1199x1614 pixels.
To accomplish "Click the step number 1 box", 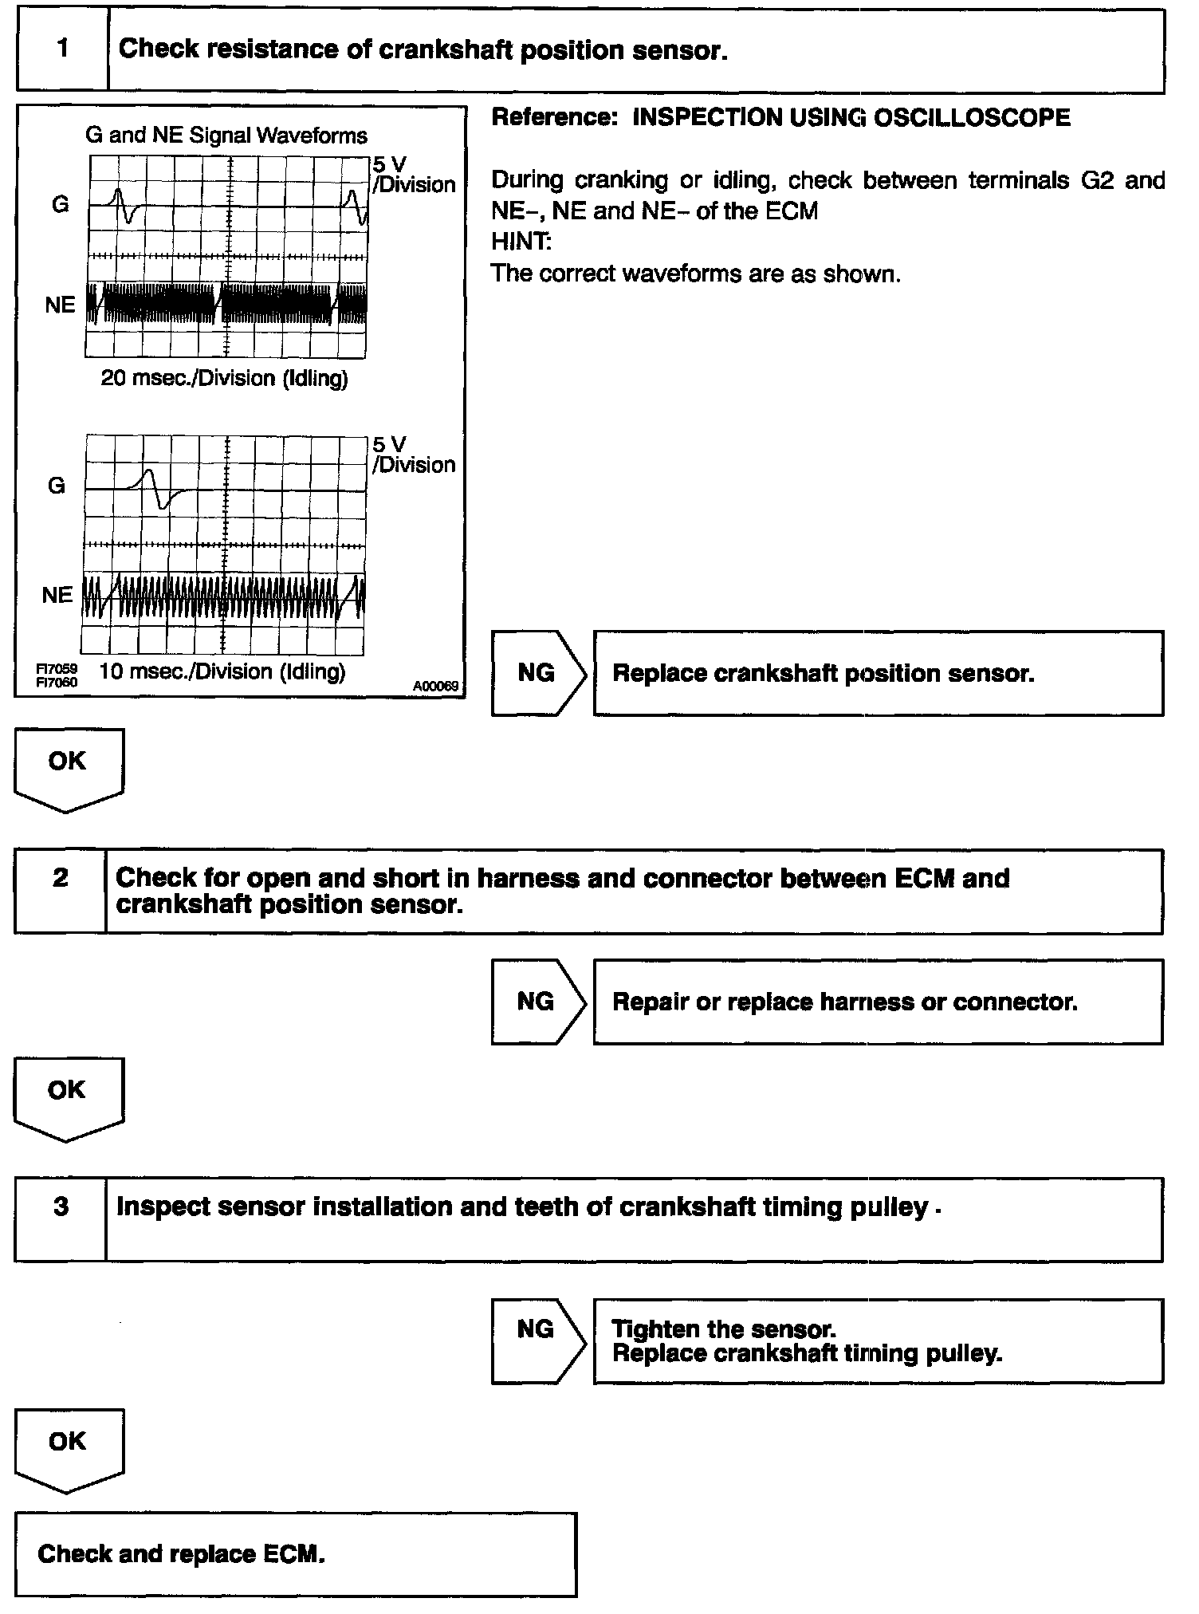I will (62, 49).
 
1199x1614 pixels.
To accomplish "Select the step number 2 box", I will (61, 891).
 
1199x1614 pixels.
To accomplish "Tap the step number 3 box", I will (61, 1219).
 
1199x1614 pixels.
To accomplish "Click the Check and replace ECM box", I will (295, 1553).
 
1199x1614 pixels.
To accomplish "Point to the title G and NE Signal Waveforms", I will (226, 136).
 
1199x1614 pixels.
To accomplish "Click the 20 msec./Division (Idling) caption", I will (224, 378).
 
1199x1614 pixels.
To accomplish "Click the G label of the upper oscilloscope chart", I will (60, 205).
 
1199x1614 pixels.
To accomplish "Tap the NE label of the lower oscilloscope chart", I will (57, 595).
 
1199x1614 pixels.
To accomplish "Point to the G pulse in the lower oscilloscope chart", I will (156, 488).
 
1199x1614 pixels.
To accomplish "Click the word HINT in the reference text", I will (521, 242).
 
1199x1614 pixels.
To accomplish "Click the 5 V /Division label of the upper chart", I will (412, 175).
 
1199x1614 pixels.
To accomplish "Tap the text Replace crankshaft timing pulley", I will (807, 1353).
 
